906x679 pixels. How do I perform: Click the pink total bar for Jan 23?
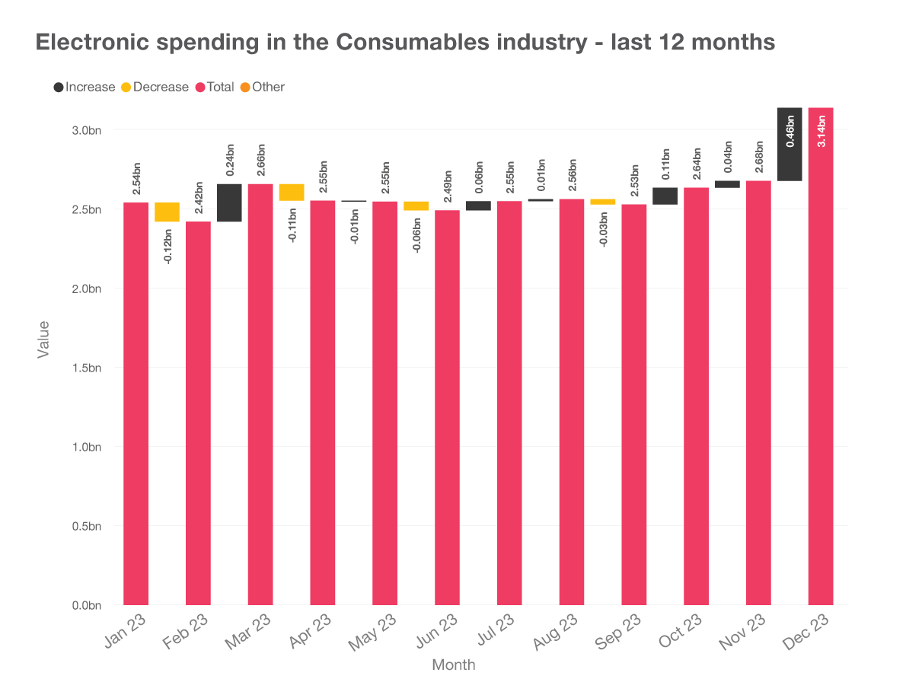136,403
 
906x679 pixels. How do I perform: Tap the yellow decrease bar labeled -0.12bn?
167,212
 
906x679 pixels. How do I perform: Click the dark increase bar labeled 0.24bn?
229,202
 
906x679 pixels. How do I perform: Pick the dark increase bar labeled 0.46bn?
790,144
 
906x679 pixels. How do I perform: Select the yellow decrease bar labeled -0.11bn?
292,192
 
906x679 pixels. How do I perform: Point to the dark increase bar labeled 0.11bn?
665,196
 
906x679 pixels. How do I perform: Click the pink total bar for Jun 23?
447,407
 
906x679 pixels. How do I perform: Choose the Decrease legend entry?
154,87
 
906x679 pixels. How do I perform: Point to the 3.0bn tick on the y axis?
86,130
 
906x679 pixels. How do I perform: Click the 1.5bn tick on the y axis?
86,368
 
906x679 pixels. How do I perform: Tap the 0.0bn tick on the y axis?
86,605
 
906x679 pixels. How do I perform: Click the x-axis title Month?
453,665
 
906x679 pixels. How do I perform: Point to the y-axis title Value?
44,339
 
